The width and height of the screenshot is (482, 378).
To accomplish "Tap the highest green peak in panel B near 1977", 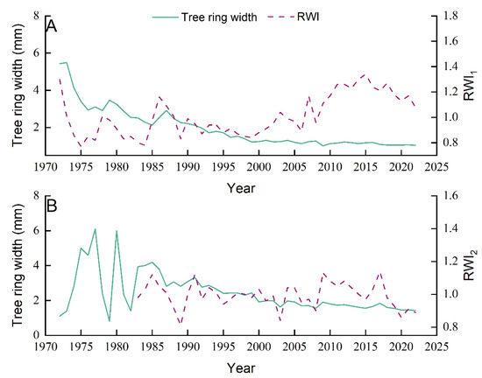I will [x=95, y=229].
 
